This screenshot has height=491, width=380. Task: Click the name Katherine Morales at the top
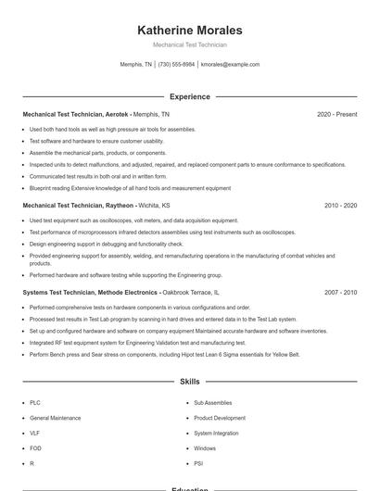(190, 30)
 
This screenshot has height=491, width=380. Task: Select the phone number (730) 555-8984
(176, 65)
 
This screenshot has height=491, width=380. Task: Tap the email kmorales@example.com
(230, 65)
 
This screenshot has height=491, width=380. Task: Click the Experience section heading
(190, 96)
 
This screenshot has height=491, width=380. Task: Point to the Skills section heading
(190, 381)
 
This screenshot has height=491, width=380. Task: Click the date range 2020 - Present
(336, 114)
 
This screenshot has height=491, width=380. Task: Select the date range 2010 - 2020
(340, 205)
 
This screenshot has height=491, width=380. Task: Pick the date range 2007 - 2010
(340, 292)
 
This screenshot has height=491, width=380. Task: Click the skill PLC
(35, 403)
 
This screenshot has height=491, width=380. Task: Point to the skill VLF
(35, 433)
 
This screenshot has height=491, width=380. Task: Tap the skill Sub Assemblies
(212, 403)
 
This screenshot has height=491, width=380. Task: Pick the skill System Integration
(216, 433)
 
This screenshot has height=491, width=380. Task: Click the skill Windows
(205, 447)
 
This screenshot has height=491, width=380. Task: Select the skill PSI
(198, 462)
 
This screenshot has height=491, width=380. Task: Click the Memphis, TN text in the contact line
(136, 65)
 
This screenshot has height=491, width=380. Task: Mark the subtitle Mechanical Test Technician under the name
(190, 44)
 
